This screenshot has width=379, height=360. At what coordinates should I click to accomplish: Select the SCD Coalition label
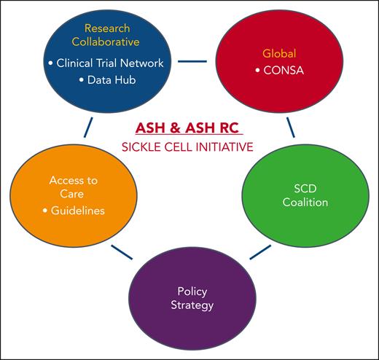(x=294, y=195)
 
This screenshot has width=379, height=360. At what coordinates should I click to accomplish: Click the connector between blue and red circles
(x=192, y=60)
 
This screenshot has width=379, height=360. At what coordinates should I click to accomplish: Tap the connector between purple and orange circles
(x=122, y=252)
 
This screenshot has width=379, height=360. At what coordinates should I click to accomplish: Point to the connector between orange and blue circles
(x=88, y=128)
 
